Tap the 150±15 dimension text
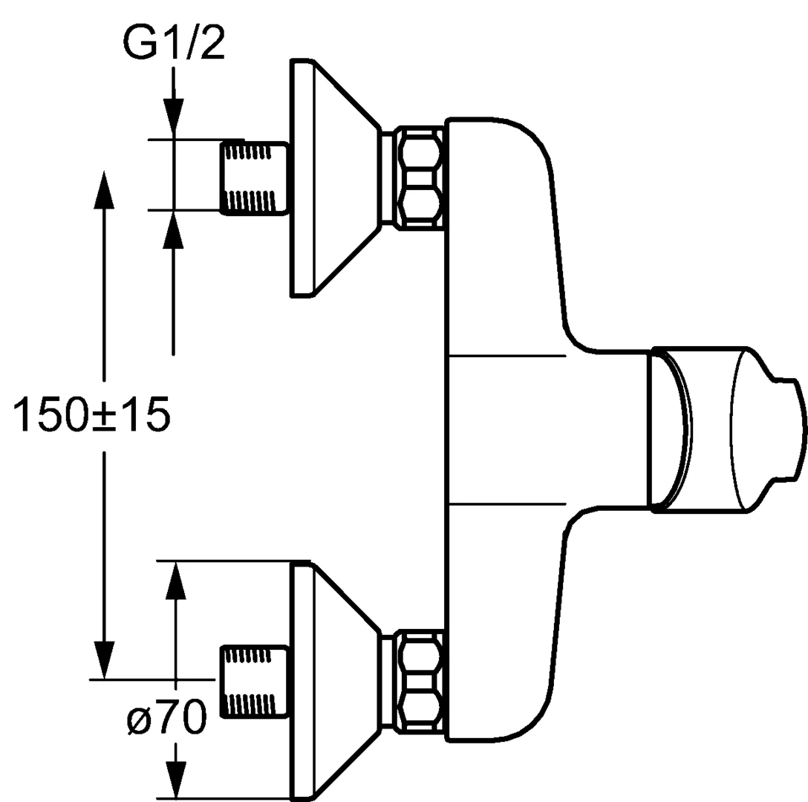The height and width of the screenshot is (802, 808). (x=91, y=414)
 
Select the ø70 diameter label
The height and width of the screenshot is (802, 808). (x=166, y=717)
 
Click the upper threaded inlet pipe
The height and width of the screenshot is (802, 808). (x=253, y=176)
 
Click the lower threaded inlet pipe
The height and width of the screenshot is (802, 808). (x=253, y=680)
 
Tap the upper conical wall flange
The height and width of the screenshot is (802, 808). (x=336, y=177)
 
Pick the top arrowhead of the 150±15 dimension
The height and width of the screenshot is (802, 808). (x=104, y=189)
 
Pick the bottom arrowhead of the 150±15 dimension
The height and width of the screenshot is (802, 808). (x=104, y=660)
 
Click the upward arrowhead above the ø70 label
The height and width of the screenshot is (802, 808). (x=176, y=581)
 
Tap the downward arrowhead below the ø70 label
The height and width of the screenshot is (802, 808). (x=176, y=778)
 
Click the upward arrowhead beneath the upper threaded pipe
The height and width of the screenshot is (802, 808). (x=173, y=230)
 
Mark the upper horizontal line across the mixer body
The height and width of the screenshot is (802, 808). (x=507, y=356)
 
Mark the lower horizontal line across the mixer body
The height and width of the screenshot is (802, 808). (x=507, y=503)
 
